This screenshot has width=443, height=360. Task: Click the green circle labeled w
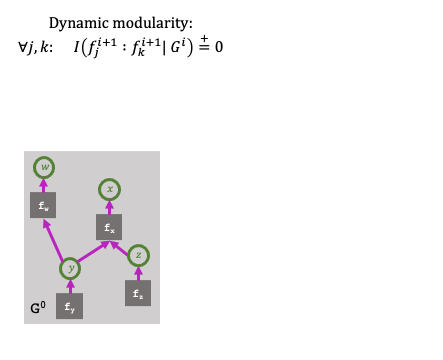click(x=43, y=166)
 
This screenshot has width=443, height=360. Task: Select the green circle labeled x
click(x=111, y=188)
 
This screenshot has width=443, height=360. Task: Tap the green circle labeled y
click(x=70, y=268)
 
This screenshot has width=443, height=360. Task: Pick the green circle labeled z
click(x=139, y=255)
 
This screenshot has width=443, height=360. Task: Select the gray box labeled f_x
click(x=110, y=229)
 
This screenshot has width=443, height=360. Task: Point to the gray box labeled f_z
click(x=138, y=294)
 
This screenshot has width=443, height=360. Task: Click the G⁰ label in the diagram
click(x=37, y=307)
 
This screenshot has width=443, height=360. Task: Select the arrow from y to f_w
click(x=55, y=240)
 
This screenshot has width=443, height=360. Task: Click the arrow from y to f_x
click(x=90, y=252)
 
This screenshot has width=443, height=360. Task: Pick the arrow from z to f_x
click(x=126, y=244)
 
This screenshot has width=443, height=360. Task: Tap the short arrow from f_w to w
click(x=43, y=184)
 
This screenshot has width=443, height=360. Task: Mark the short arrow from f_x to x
click(x=111, y=207)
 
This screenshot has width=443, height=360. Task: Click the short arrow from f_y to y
click(x=70, y=286)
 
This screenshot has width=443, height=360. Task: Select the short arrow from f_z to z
click(x=139, y=273)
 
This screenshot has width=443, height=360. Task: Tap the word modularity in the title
click(x=151, y=22)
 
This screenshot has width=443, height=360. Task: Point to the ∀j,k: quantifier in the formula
click(x=37, y=46)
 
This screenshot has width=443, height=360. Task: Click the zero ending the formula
click(x=217, y=46)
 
